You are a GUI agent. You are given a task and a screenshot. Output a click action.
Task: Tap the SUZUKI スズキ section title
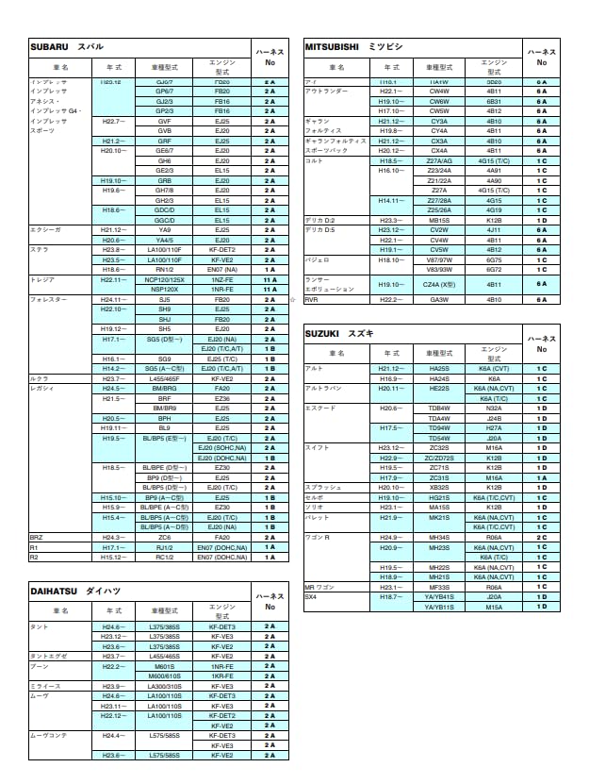[339, 333]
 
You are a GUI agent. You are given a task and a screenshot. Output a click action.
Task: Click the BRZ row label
[36, 537]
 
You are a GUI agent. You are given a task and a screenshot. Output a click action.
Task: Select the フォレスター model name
[48, 299]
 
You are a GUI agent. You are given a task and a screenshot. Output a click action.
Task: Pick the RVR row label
[312, 299]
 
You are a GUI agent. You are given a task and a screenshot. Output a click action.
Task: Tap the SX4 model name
[312, 596]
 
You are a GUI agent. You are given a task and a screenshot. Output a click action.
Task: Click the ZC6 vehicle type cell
[164, 537]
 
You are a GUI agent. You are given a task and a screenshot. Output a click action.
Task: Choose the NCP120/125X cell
[164, 279]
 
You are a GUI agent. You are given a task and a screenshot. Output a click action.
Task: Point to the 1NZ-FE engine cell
[222, 279]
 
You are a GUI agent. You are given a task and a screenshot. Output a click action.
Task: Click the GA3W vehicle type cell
[439, 299]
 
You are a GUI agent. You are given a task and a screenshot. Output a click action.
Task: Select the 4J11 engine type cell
[494, 229]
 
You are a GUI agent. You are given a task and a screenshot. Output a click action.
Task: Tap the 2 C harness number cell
[542, 537]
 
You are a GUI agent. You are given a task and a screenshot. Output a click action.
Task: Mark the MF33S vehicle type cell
[439, 586]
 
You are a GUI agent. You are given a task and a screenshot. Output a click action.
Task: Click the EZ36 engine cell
[222, 398]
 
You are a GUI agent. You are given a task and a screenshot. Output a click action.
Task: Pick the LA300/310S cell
[164, 686]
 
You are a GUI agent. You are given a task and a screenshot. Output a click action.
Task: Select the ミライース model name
[46, 686]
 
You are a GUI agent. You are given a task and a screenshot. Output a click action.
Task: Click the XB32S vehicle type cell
[439, 487]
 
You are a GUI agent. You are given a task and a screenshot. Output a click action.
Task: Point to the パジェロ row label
[317, 259]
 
